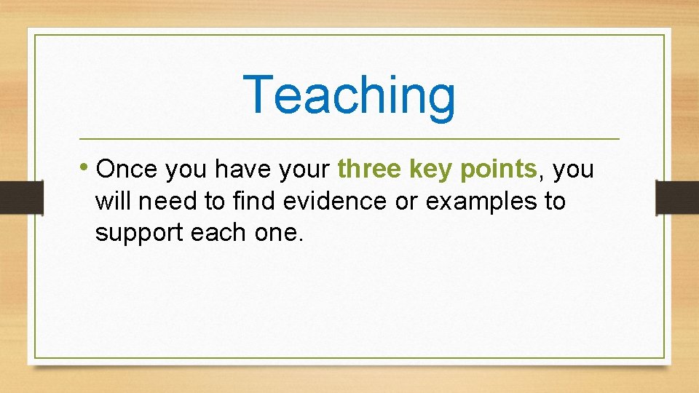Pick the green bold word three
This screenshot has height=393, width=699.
pyautogui.click(x=370, y=170)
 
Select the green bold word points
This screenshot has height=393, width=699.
pyautogui.click(x=499, y=170)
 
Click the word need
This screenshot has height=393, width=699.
pyautogui.click(x=162, y=201)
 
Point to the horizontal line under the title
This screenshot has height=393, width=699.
pyautogui.click(x=349, y=138)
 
